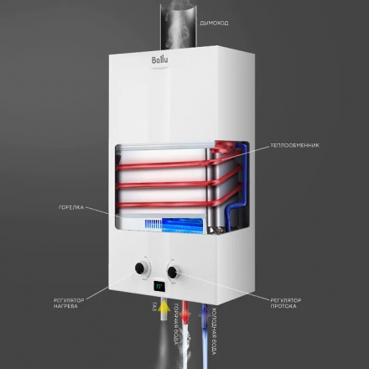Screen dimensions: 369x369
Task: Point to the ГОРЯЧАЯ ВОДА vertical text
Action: point(177,327)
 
